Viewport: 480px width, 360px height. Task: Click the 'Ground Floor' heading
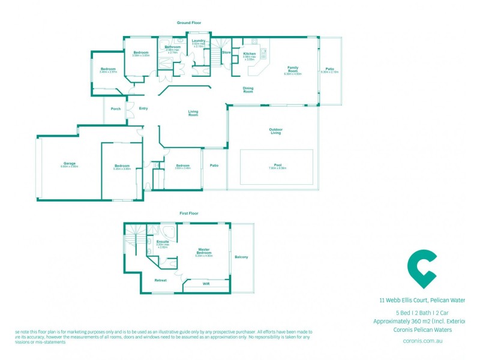tap(188, 23)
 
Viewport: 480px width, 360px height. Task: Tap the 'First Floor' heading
tap(189, 213)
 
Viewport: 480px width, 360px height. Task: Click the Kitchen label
tap(250, 54)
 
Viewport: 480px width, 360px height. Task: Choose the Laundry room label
tap(199, 41)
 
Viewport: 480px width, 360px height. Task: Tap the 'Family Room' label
tap(293, 69)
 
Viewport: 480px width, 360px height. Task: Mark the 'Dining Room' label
tap(248, 90)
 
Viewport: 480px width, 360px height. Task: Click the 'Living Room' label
tap(193, 113)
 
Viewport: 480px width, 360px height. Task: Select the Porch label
tap(116, 109)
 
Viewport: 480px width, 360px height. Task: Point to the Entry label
tap(143, 109)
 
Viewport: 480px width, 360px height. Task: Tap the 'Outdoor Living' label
tap(275, 131)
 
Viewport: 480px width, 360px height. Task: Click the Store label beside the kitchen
tap(226, 53)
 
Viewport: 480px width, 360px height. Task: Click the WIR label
tap(206, 284)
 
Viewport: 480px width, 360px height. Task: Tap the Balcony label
tap(242, 257)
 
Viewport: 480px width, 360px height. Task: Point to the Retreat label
tap(160, 280)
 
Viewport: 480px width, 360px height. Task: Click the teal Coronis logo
tap(422, 270)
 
